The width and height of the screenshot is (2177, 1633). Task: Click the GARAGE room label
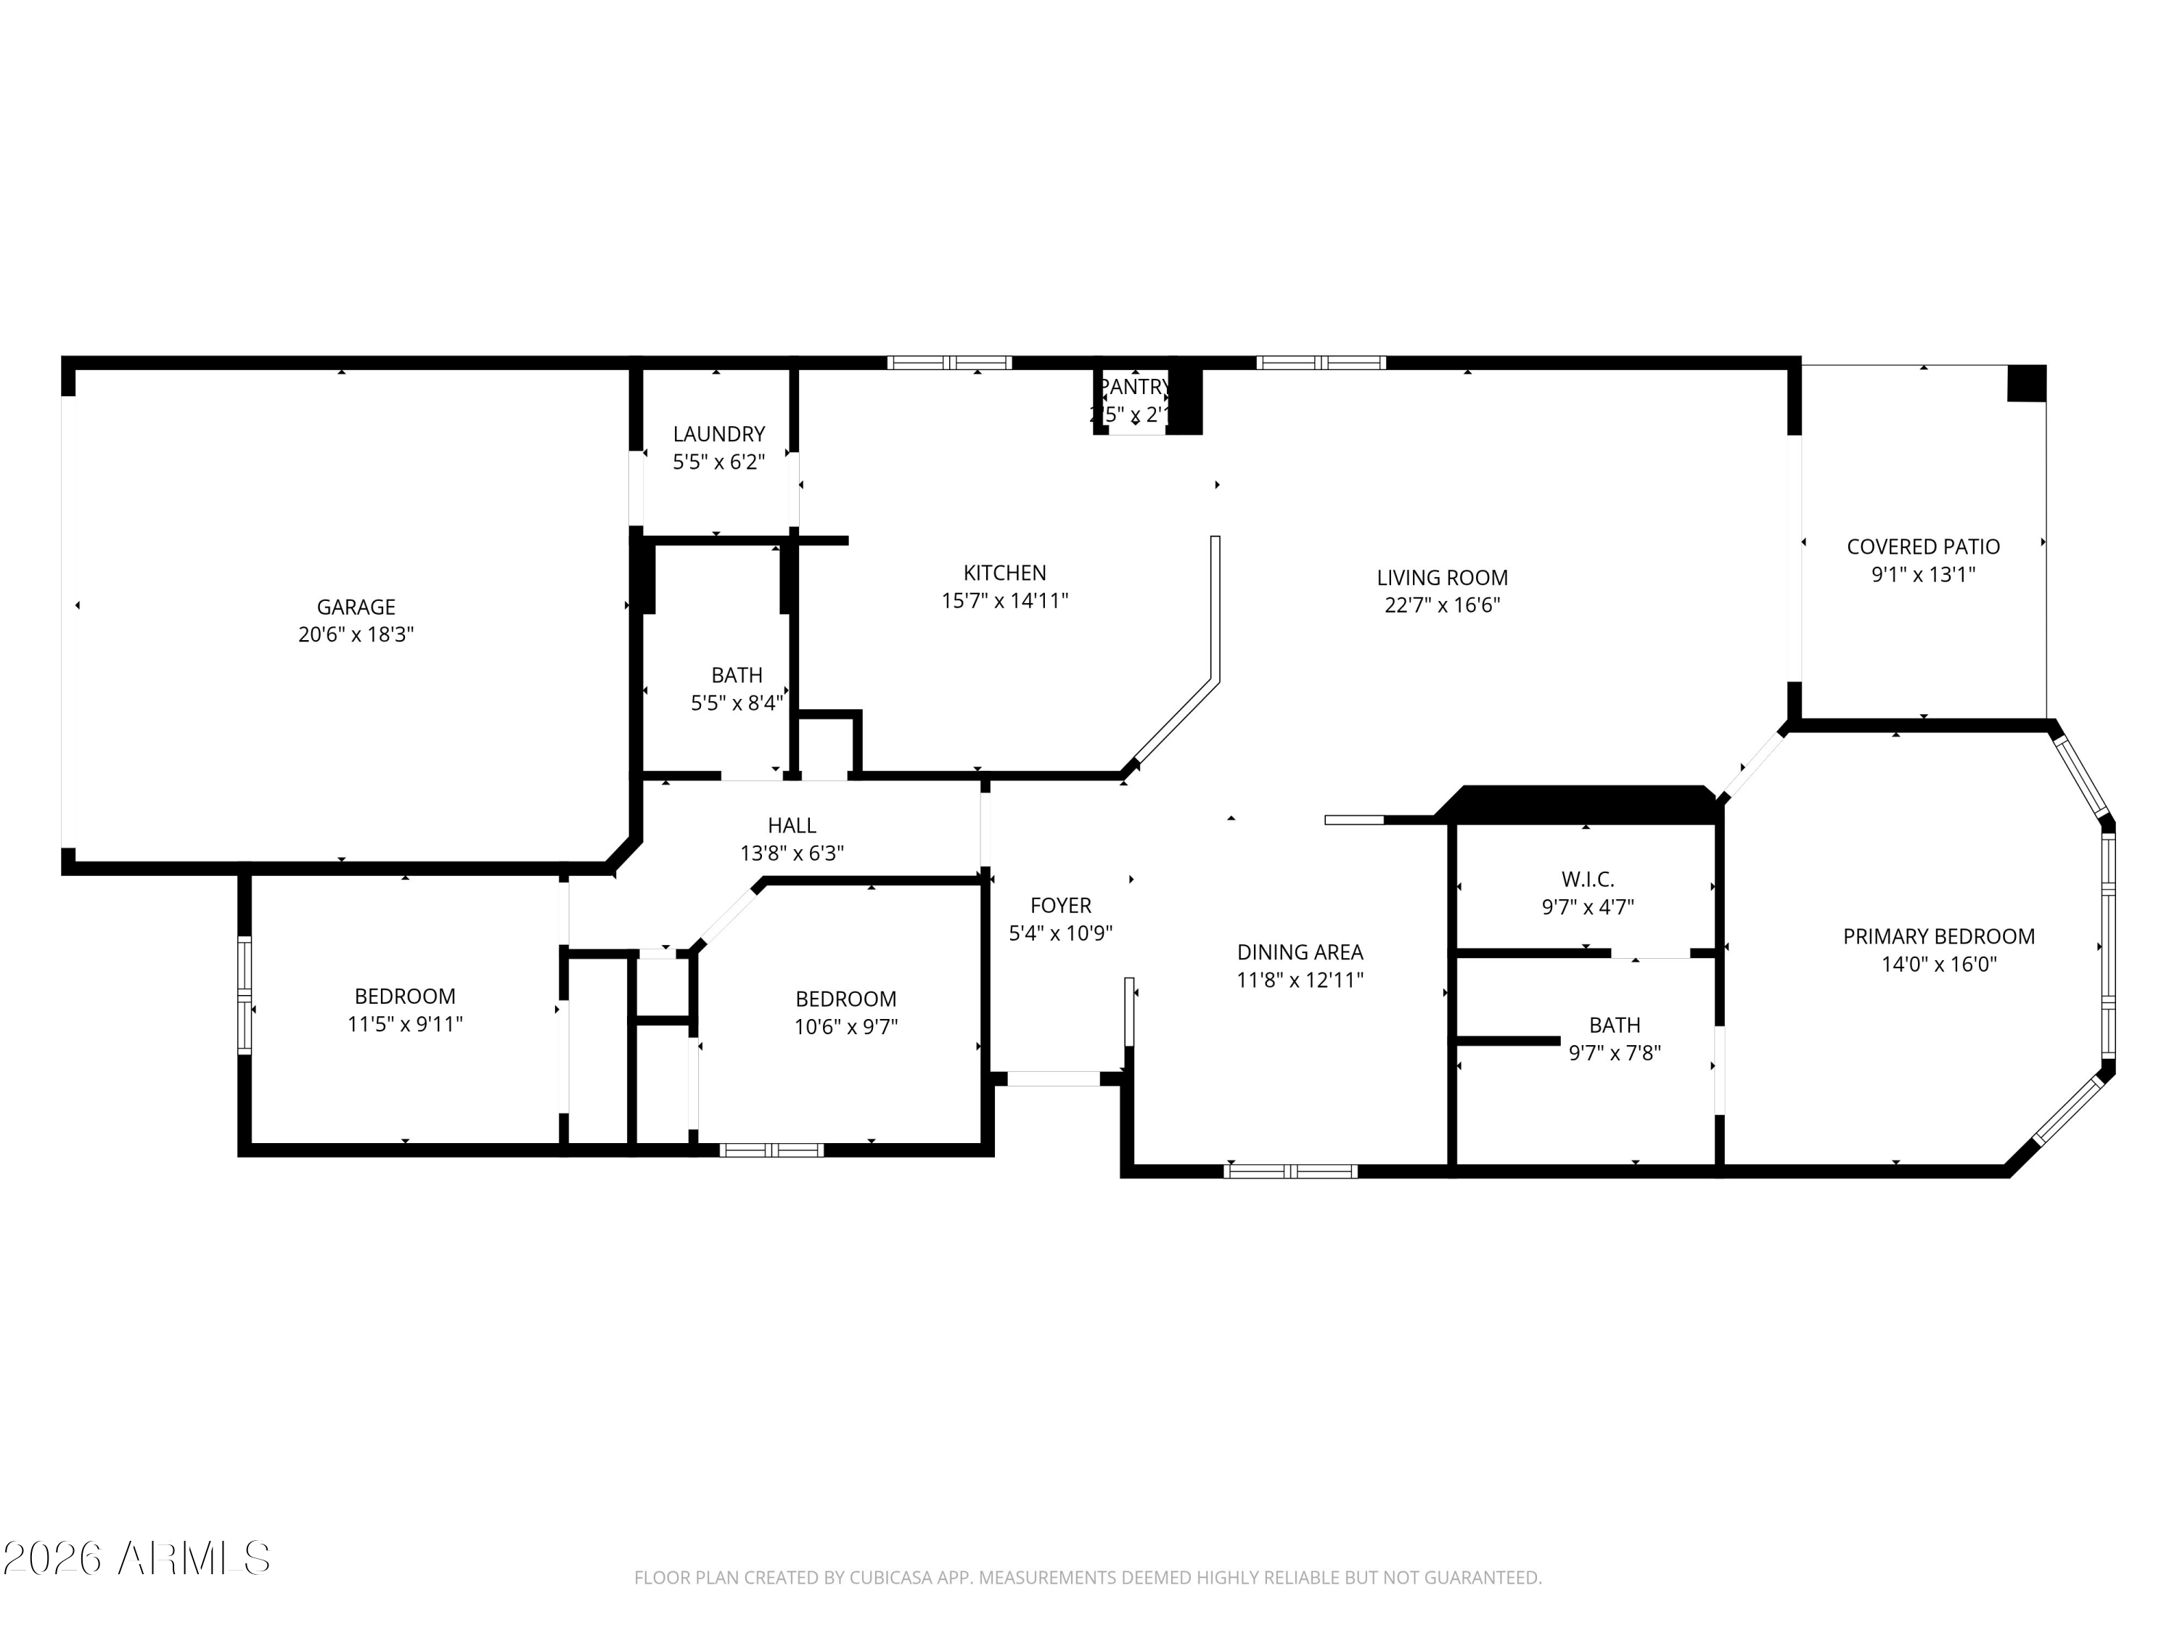356,607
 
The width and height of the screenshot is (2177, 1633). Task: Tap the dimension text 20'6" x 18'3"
356,635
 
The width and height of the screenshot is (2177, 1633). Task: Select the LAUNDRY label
718,434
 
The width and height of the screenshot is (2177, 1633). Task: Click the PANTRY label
1133,387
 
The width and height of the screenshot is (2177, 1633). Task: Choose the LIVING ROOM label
1442,578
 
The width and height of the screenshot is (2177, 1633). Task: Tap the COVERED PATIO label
1922,547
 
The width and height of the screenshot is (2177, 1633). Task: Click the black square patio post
2025,383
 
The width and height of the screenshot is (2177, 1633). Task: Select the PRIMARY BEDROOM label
1938,936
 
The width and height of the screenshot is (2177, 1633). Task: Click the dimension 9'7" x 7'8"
1614,1053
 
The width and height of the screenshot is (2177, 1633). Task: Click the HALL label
791,826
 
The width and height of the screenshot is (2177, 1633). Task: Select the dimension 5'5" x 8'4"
736,703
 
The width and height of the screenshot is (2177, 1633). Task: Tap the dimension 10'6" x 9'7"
845,1027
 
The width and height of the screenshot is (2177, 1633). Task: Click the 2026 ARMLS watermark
137,1558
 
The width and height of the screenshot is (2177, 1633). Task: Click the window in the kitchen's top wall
948,362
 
